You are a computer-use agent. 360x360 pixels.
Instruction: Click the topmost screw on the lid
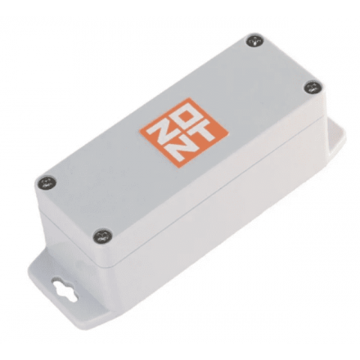pyautogui.click(x=255, y=42)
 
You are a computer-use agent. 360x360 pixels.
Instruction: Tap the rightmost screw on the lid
pyautogui.click(x=313, y=88)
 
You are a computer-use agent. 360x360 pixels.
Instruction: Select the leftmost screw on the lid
pyautogui.click(x=47, y=183)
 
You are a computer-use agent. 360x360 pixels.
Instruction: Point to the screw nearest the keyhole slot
pyautogui.click(x=102, y=236)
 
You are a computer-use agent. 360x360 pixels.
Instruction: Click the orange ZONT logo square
pyautogui.click(x=184, y=132)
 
